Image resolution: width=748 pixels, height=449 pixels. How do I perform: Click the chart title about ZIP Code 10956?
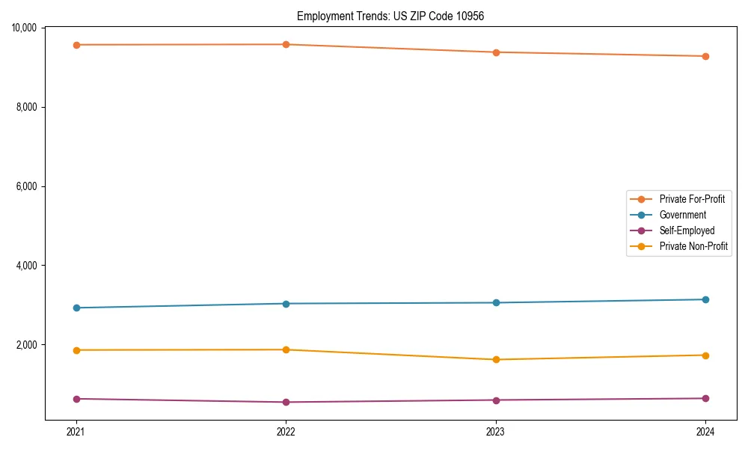[390, 16]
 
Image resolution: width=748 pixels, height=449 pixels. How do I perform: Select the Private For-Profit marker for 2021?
[76, 45]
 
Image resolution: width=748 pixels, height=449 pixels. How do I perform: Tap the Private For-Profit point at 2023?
[496, 52]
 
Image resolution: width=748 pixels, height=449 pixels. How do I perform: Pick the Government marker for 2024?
[705, 299]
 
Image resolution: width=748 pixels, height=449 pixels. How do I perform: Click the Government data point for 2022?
[286, 303]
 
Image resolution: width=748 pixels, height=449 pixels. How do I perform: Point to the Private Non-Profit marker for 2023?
[496, 359]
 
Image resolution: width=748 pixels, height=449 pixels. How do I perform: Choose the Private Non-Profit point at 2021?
[76, 350]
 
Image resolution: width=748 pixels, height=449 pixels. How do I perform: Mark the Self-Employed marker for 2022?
[286, 402]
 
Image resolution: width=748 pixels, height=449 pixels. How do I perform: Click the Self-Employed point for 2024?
[705, 398]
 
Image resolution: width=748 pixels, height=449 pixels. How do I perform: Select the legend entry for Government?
[682, 215]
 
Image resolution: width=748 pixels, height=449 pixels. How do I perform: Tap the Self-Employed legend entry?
[687, 230]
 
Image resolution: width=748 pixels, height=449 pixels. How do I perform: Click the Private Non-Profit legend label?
[693, 246]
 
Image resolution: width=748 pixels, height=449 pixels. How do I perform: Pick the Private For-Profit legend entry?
[692, 199]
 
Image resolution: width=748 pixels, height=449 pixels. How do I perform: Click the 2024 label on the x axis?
[705, 432]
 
